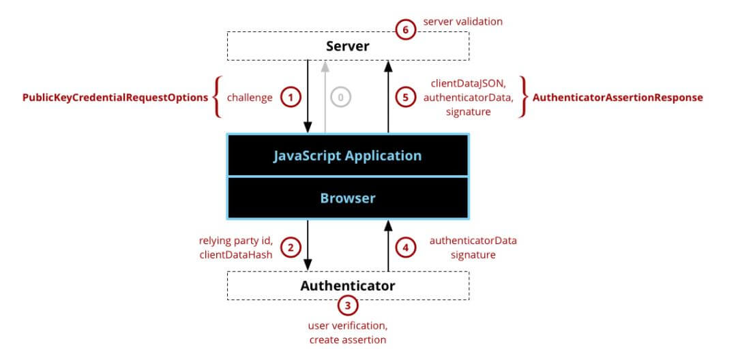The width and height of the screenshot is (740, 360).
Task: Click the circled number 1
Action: click(x=291, y=97)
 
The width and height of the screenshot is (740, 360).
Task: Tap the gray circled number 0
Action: click(x=341, y=97)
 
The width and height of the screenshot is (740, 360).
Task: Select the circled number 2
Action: click(x=291, y=247)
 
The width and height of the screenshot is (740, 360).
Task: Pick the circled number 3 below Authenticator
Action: click(x=348, y=305)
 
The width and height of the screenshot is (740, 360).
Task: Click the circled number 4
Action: click(x=405, y=247)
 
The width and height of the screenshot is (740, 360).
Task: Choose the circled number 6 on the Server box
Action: click(x=405, y=31)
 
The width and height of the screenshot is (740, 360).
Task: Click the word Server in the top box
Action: click(x=348, y=46)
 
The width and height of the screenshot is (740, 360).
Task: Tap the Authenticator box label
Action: click(x=348, y=286)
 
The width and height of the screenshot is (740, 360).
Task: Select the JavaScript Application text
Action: click(x=347, y=156)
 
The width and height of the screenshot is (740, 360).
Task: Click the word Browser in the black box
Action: click(x=348, y=198)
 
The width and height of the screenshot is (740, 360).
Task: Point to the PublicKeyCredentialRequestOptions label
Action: click(x=115, y=97)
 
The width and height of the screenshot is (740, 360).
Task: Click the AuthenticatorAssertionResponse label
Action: click(x=618, y=97)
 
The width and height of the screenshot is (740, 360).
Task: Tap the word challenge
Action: click(x=250, y=97)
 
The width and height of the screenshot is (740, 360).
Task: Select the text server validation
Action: click(x=463, y=21)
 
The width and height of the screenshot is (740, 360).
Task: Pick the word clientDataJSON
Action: click(x=468, y=83)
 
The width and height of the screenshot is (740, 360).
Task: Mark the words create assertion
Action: click(x=348, y=340)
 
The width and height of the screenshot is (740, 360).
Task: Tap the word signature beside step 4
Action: click(x=473, y=255)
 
